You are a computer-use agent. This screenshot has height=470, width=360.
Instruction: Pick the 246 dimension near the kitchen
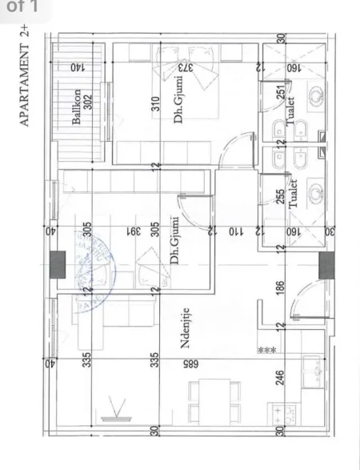tap(280, 380)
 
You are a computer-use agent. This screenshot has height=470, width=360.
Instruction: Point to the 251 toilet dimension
tap(280, 94)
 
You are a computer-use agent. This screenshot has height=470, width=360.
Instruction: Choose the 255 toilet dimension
tap(280, 198)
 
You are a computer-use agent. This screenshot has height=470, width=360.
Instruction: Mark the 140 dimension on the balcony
tap(77, 67)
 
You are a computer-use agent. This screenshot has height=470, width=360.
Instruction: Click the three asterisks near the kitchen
tap(266, 350)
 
